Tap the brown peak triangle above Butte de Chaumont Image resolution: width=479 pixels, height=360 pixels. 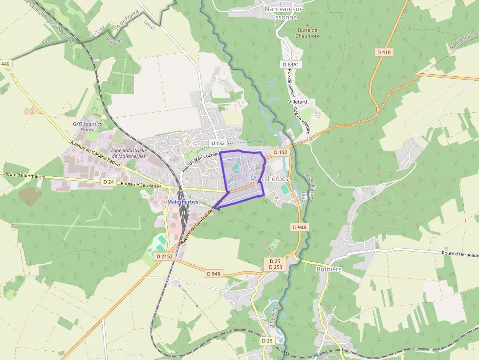click(307, 24)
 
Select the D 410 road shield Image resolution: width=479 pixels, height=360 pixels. click(385, 52)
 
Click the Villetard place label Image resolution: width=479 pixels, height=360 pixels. click(297, 102)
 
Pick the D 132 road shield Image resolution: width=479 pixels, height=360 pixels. click(218, 143)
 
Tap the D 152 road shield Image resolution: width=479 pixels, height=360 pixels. click(281, 152)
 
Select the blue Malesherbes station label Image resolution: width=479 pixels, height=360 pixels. click(182, 202)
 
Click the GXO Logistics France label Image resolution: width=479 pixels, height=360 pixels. click(87, 127)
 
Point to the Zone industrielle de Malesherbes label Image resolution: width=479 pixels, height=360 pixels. click(129, 153)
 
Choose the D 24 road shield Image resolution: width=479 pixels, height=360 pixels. click(109, 182)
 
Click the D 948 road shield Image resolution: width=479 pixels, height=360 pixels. click(300, 227)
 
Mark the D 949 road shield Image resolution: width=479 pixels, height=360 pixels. click(214, 274)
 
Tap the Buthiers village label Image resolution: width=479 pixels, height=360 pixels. click(329, 269)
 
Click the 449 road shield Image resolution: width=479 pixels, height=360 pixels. click(5, 64)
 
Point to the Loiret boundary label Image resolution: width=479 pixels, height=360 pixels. click(150, 25)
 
